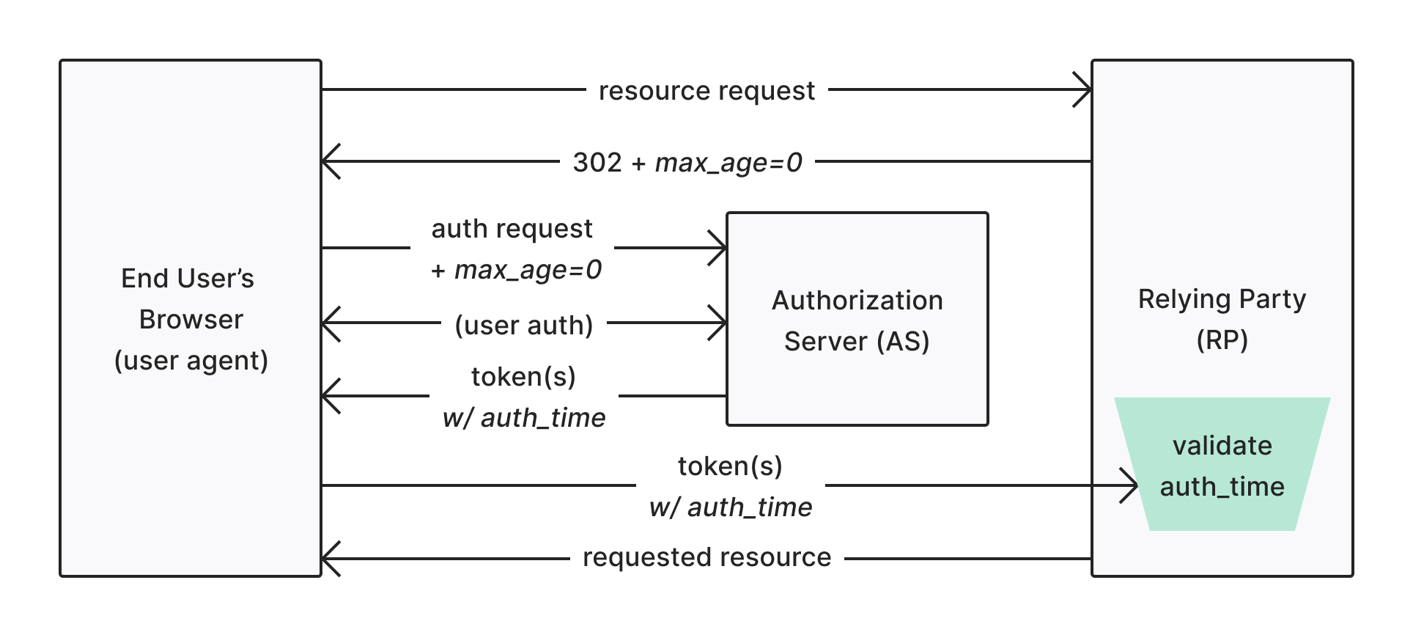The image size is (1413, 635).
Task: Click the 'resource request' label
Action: [x=706, y=91]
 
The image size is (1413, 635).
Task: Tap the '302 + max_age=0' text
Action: [x=687, y=162]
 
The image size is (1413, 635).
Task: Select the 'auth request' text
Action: [x=512, y=229]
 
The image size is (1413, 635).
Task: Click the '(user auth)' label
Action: [x=523, y=325]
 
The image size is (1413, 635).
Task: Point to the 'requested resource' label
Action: [x=706, y=557]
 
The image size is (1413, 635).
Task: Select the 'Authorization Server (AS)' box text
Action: [x=857, y=320]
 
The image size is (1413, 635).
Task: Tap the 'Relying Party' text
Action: [x=1222, y=299]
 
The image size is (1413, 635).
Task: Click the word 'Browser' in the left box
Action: [x=191, y=320]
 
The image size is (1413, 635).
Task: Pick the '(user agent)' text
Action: [x=191, y=361]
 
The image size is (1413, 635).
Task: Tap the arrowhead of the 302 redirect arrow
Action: [x=328, y=161]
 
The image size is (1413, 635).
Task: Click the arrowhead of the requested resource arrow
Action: [x=328, y=559]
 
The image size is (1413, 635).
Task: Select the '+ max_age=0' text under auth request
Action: [x=517, y=270]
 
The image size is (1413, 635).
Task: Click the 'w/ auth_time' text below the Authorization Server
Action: [x=524, y=418]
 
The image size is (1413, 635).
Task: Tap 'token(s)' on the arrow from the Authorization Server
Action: [x=523, y=377]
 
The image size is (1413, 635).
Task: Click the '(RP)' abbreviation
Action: [x=1222, y=340]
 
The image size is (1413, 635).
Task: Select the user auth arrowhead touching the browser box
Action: [x=328, y=323]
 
